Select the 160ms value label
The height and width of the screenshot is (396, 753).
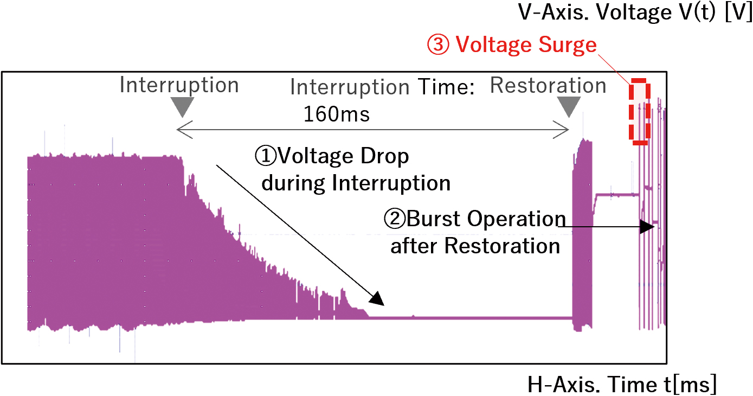337,114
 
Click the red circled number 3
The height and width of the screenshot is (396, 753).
438,44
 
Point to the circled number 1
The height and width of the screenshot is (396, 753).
266,156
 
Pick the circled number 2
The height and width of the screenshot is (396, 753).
395,219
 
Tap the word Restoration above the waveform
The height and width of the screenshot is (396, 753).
548,85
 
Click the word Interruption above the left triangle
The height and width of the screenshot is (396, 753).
179,85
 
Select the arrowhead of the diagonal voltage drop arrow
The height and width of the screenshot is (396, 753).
377,299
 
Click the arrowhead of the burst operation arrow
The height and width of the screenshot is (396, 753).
647,227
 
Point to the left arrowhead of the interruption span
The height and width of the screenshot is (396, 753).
185,130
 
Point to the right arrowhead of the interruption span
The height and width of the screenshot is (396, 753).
561,130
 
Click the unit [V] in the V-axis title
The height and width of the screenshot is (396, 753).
738,12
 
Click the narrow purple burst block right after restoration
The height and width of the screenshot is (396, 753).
582,235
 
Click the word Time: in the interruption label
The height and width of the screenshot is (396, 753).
446,87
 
